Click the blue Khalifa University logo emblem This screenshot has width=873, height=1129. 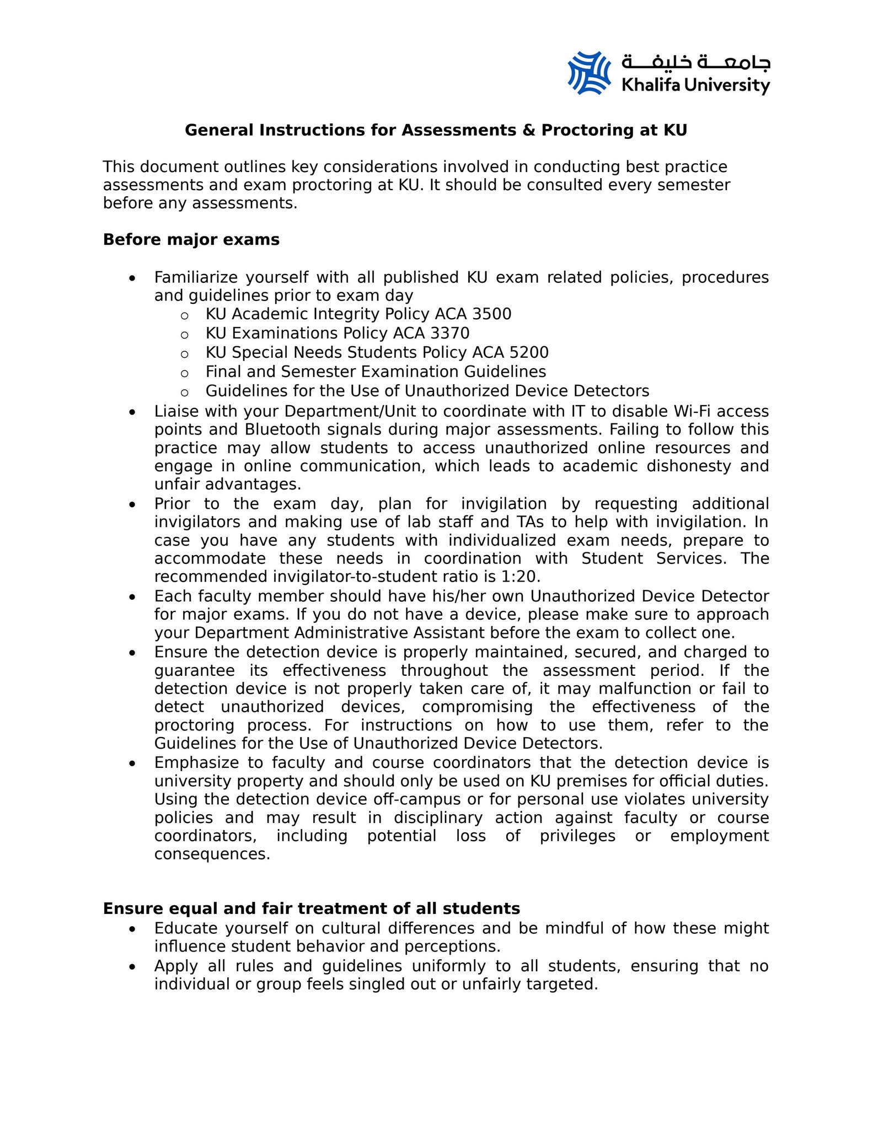click(589, 73)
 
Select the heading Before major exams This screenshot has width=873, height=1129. click(191, 240)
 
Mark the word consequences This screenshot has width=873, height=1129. click(212, 854)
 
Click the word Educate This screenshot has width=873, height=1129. click(186, 928)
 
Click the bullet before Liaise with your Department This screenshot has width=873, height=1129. click(132, 412)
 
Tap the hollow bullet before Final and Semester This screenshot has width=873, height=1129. click(185, 373)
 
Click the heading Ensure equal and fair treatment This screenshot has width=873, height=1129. click(311, 908)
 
